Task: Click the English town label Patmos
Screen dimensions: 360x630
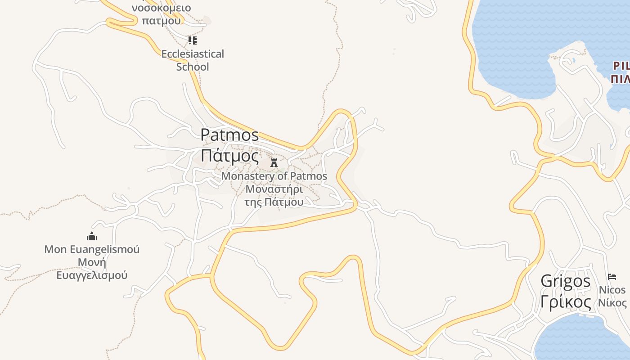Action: [229, 135]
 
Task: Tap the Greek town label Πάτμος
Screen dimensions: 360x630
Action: [229, 156]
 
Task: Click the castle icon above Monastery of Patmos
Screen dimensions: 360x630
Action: [274, 162]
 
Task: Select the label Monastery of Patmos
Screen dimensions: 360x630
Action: [274, 176]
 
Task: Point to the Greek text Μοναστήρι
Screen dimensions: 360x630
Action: [274, 189]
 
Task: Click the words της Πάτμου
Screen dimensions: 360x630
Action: [274, 202]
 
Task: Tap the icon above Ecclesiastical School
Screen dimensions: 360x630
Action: [193, 40]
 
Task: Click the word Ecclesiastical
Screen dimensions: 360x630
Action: [193, 54]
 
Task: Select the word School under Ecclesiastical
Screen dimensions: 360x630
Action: [193, 67]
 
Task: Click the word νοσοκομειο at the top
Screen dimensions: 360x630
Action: [161, 8]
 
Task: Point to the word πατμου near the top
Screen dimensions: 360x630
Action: [161, 20]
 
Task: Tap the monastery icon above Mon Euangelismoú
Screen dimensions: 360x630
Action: [92, 236]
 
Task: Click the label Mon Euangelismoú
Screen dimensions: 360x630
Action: [92, 249]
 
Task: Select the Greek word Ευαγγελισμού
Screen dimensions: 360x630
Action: [92, 275]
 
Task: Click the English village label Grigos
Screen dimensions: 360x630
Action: [566, 281]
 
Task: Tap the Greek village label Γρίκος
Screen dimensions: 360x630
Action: [566, 302]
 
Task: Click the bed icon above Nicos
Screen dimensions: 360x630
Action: [612, 276]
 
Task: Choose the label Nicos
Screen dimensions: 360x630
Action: [612, 289]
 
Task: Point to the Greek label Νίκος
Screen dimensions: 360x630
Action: [612, 302]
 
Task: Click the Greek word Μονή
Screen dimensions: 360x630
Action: [92, 262]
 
